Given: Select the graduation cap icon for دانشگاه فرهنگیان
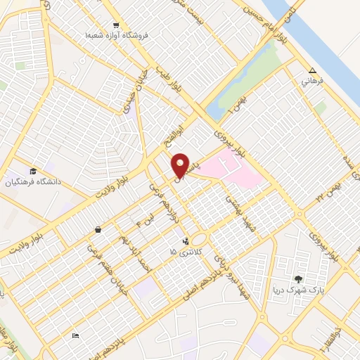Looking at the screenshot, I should [33, 172].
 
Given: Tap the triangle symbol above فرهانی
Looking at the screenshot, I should [312, 70].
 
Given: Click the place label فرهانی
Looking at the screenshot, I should [312, 82].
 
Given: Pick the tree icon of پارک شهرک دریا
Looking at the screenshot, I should [300, 279].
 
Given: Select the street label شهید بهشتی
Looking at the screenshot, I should [239, 212].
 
